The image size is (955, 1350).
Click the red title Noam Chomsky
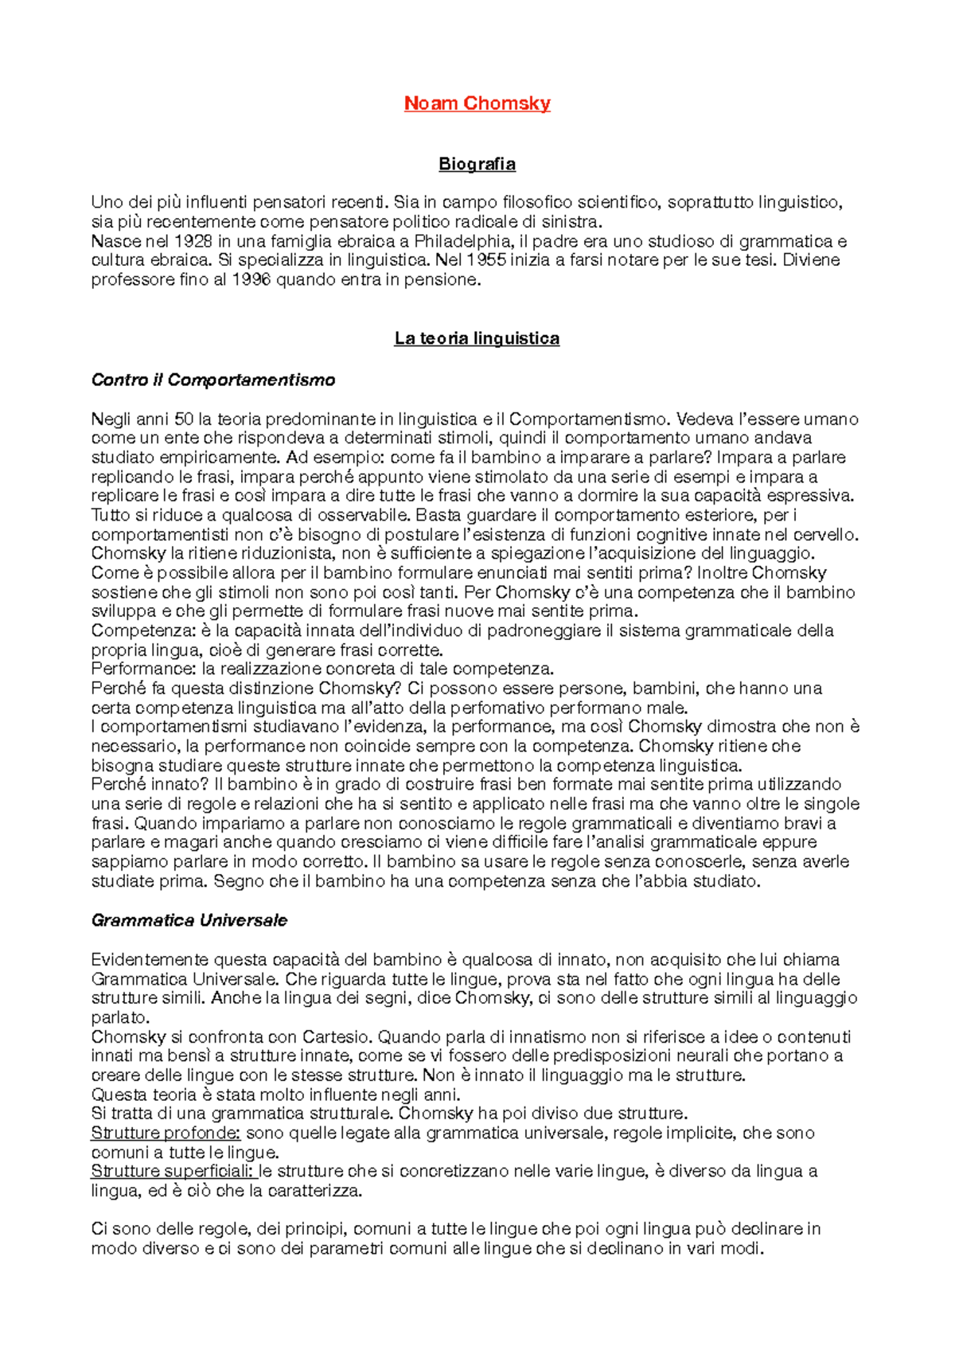point(477,103)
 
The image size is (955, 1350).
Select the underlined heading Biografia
point(477,164)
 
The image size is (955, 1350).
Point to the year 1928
point(193,241)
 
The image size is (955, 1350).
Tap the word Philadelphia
point(462,241)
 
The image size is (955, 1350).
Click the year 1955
point(486,260)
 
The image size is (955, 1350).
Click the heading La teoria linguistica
point(477,338)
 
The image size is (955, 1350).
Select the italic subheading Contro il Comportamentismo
point(213,380)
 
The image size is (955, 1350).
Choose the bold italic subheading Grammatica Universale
point(189,921)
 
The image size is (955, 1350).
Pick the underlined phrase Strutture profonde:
point(166,1133)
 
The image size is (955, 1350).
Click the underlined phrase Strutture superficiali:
point(173,1172)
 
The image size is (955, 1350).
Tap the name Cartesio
point(336,1037)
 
